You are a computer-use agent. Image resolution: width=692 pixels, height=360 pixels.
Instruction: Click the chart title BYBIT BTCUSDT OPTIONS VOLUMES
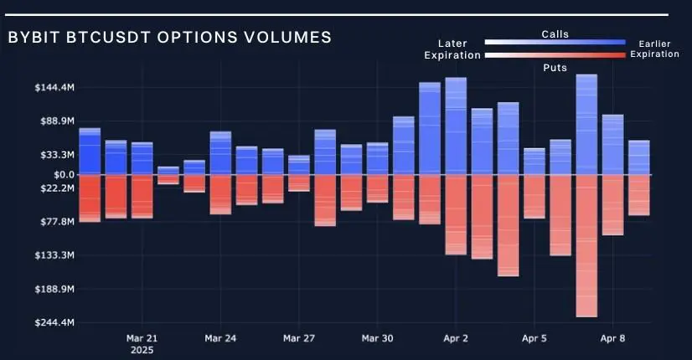(169, 38)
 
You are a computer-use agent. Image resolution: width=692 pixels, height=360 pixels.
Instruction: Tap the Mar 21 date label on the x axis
(142, 339)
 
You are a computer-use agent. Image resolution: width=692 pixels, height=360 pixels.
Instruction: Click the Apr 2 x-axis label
(456, 339)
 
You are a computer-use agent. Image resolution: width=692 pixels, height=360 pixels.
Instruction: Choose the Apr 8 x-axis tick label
(612, 339)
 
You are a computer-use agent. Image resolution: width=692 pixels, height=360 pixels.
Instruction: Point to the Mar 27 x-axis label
(299, 339)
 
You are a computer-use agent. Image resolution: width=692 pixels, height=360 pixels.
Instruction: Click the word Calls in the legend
(555, 34)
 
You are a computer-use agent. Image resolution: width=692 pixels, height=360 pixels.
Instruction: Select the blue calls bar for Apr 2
(456, 126)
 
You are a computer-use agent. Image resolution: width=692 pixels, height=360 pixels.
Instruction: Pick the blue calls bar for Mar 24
(220, 152)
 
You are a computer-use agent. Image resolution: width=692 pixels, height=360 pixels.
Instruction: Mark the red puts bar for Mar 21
(142, 197)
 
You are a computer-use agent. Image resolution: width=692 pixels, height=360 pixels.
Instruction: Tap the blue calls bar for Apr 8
(612, 144)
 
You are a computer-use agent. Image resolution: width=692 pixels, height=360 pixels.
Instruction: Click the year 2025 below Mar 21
(142, 352)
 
